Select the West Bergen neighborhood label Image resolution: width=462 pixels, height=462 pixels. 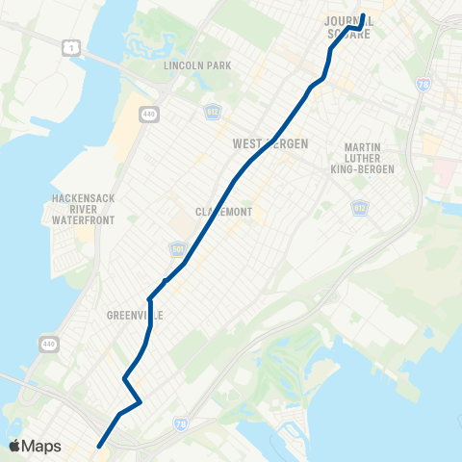[x=270, y=143]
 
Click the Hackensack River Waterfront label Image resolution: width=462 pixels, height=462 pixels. [x=85, y=209]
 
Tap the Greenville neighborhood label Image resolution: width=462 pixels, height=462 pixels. [x=135, y=315]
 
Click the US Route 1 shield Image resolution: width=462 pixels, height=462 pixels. [x=68, y=48]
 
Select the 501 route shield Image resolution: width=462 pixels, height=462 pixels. [x=177, y=249]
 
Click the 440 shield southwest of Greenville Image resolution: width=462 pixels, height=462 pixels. [x=47, y=343]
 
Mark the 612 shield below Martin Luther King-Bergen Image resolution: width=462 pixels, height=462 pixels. [x=358, y=208]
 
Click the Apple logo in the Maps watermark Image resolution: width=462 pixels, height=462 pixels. [x=14, y=446]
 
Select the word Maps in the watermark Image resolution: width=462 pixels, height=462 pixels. [x=41, y=446]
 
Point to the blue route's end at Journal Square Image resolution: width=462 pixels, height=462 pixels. [x=363, y=14]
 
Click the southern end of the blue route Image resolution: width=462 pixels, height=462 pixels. [x=98, y=445]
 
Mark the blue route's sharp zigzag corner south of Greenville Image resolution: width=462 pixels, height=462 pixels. [x=141, y=400]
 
